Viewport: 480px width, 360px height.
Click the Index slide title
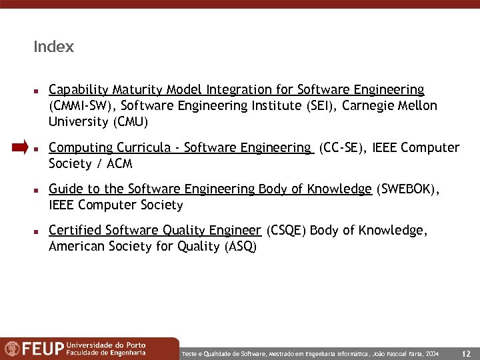point(53,47)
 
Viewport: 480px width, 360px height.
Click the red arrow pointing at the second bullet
point(20,148)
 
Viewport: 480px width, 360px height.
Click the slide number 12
point(466,353)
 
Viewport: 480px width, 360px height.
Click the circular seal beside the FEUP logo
point(12,349)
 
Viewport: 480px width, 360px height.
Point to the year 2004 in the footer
point(432,353)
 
